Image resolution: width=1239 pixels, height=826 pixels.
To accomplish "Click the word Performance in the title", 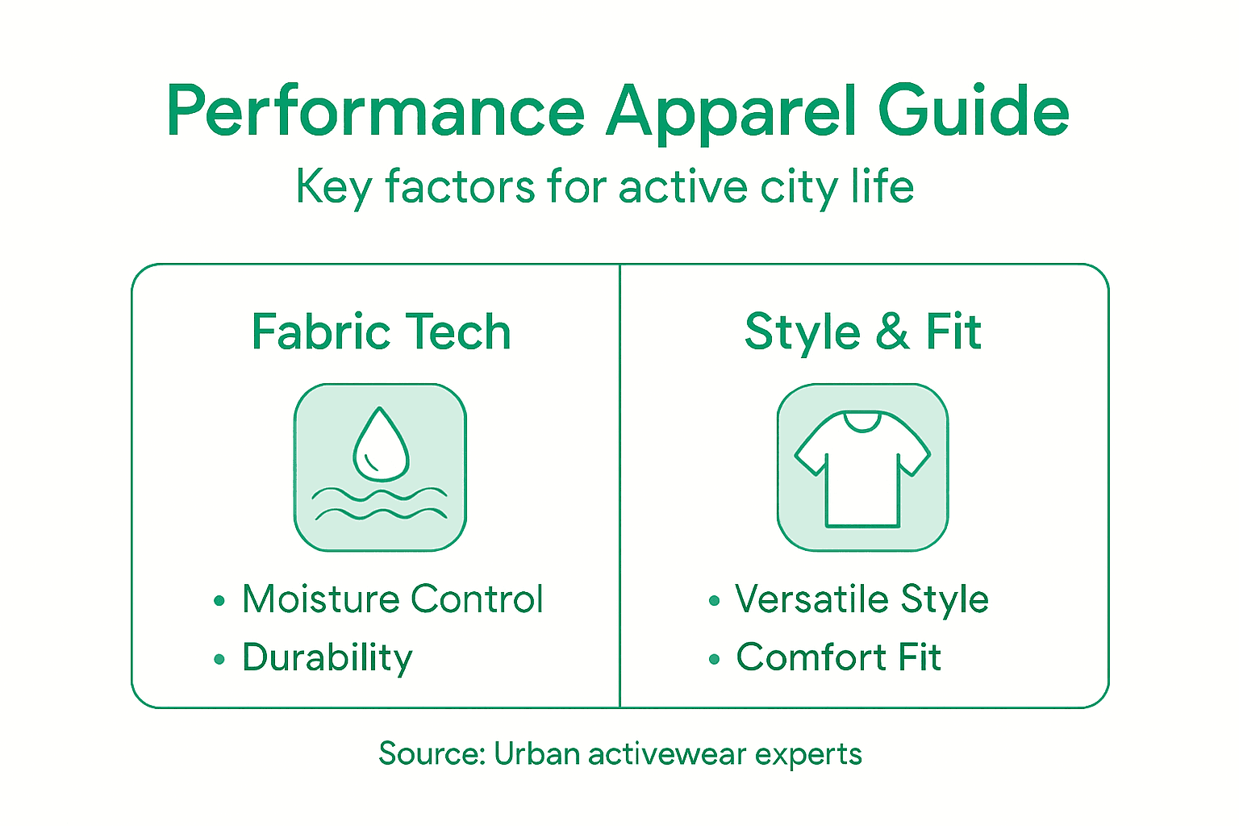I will pyautogui.click(x=375, y=113).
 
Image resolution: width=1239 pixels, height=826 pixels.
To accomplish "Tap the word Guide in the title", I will pyautogui.click(x=974, y=113).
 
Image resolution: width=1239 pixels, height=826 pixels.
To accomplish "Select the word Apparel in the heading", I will pyautogui.click(x=732, y=113).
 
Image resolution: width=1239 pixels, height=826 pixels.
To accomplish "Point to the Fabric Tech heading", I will pyautogui.click(x=381, y=332).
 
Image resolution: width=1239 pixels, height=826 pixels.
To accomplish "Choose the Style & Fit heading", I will pyautogui.click(x=862, y=332).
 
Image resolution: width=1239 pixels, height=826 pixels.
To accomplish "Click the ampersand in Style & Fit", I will pyautogui.click(x=892, y=332).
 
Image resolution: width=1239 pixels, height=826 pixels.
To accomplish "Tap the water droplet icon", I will pyautogui.click(x=381, y=443).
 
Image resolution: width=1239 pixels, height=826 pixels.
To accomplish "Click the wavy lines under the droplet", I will pyautogui.click(x=380, y=503).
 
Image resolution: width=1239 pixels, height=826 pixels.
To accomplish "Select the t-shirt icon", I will pyautogui.click(x=862, y=468).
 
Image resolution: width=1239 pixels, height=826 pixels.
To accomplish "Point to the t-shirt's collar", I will pyautogui.click(x=862, y=420).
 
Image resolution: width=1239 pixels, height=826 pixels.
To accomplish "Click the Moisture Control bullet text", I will pyautogui.click(x=392, y=599).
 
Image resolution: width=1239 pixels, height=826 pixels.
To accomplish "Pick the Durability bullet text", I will pyautogui.click(x=327, y=657).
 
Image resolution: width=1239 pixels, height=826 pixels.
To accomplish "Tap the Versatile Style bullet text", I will pyautogui.click(x=861, y=599).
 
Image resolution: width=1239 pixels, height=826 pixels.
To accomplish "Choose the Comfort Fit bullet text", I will pyautogui.click(x=838, y=657).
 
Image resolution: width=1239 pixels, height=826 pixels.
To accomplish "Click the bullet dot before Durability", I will pyautogui.click(x=219, y=660).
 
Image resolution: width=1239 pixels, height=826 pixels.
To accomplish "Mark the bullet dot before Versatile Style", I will pyautogui.click(x=713, y=601).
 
